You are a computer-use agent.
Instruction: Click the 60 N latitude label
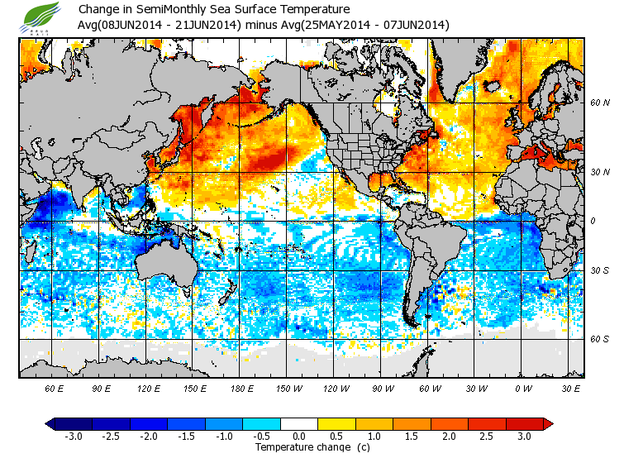point(600,103)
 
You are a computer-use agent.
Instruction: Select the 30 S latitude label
point(600,270)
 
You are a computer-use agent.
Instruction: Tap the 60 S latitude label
point(600,339)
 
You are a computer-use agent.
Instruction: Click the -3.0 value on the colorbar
point(74,436)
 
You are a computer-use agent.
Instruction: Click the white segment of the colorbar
point(300,423)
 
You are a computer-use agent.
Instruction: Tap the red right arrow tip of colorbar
point(547,423)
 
